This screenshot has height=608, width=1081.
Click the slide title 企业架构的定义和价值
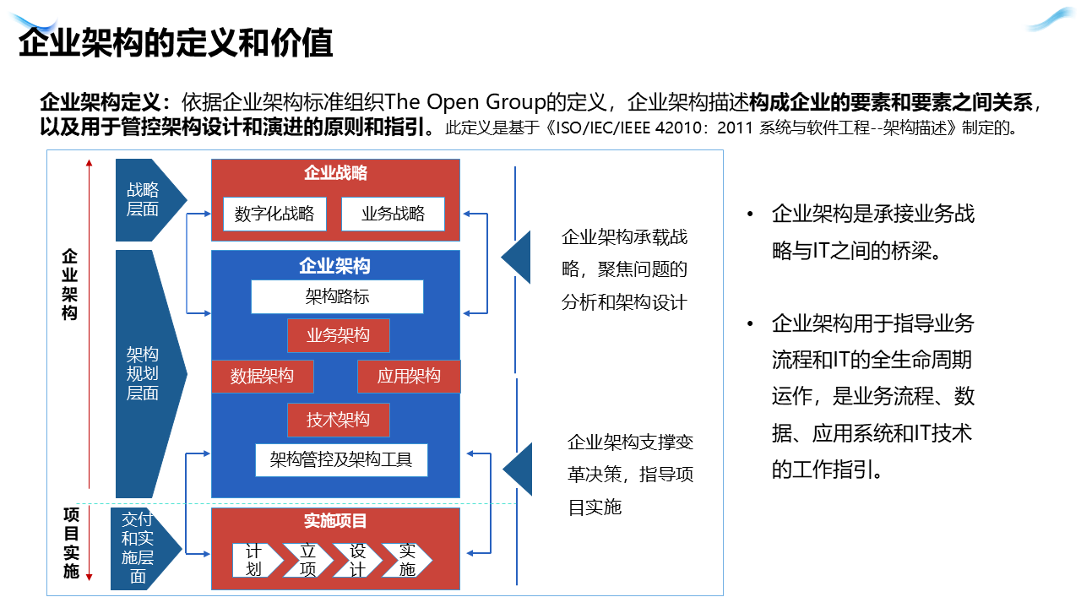coord(176,43)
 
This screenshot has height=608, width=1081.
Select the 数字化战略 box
coord(274,214)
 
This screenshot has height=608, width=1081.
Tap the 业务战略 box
coord(393,214)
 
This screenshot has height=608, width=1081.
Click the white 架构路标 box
coord(337,296)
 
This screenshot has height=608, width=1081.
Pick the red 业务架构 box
coord(338,335)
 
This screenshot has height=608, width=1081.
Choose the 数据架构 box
coord(262,377)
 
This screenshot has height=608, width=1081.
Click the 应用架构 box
coord(409,377)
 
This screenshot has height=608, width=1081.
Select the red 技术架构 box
coord(338,420)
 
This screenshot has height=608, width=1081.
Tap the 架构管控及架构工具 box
coord(341,460)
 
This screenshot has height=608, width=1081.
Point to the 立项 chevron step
coord(307,560)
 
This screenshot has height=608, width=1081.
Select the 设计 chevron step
coord(357,560)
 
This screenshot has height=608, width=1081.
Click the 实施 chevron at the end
coord(407,560)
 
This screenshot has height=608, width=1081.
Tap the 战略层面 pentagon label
coord(144,200)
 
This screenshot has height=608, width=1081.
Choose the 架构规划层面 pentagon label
coord(143,373)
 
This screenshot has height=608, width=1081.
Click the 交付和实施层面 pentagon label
coord(138,548)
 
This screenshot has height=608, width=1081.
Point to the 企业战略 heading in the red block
coord(335,173)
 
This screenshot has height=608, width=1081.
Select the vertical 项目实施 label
coord(72,543)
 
